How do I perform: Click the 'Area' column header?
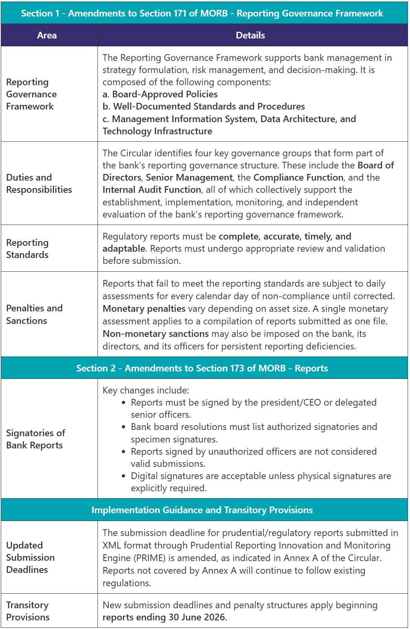click(47, 35)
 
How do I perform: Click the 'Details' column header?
click(250, 35)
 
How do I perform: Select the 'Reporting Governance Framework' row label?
click(31, 94)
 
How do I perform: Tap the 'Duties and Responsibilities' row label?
click(39, 183)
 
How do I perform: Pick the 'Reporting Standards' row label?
click(28, 249)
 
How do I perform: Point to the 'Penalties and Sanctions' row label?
click(34, 314)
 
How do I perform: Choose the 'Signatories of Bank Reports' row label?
click(35, 439)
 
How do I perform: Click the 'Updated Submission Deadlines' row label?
click(30, 557)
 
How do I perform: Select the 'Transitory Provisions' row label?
click(28, 611)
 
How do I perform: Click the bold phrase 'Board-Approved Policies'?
click(165, 94)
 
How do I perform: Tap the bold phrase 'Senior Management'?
click(189, 177)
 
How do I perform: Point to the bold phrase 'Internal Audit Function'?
click(152, 190)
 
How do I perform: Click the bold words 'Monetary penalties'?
click(144, 309)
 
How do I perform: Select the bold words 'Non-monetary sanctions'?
click(156, 334)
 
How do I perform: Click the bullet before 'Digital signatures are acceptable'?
click(124, 476)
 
